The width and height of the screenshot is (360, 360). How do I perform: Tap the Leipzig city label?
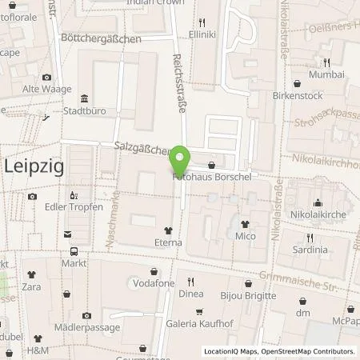[34, 166]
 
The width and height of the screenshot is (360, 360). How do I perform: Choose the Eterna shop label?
[168, 239]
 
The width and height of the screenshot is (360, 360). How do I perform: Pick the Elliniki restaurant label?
[202, 35]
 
